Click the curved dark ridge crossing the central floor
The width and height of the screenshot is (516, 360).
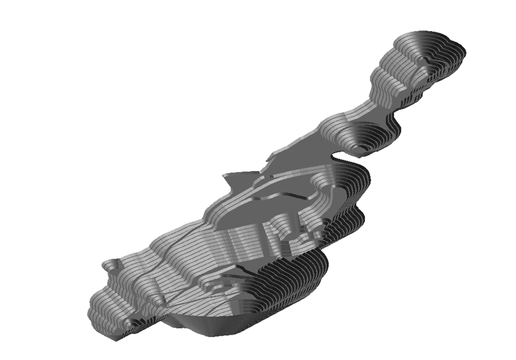[279, 200]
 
